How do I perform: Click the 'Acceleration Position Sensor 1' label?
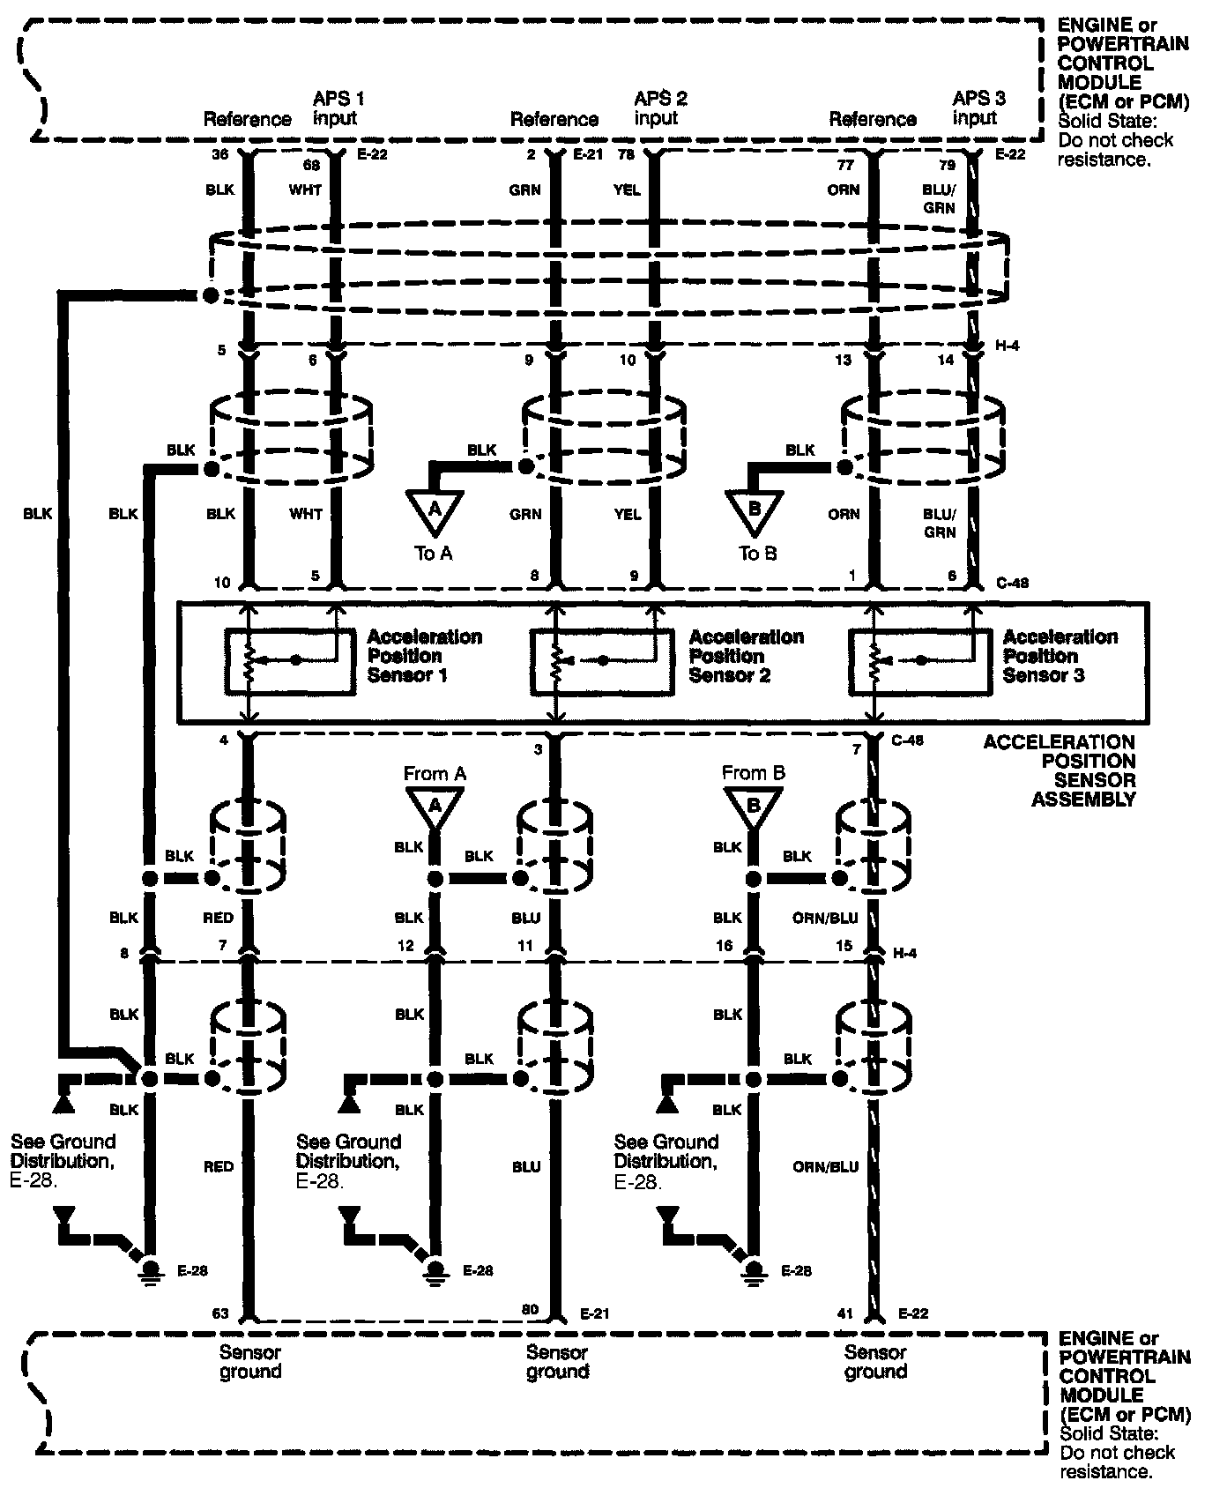tap(424, 656)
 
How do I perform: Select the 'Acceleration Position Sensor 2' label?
tap(746, 656)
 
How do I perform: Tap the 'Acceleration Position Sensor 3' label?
tap(1060, 656)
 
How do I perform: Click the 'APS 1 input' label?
tap(338, 108)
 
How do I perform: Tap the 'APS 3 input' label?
tap(978, 108)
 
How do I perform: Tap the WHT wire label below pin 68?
tap(306, 190)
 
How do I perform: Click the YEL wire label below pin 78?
tap(627, 190)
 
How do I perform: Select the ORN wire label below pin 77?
tap(844, 190)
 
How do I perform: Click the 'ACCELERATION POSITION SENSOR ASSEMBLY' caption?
tap(1060, 770)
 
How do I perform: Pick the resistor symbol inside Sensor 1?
tap(249, 662)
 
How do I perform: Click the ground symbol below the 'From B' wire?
tap(752, 1269)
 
